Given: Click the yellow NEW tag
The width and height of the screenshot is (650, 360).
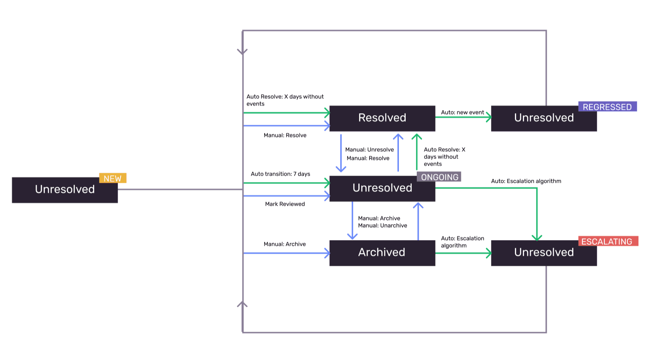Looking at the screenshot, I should (112, 178).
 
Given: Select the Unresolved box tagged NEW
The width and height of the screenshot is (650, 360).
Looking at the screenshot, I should (65, 190).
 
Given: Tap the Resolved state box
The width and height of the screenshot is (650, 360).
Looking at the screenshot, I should (382, 118).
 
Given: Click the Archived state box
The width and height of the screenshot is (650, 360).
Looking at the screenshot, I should (382, 253).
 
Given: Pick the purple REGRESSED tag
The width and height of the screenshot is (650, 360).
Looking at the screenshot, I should (607, 106).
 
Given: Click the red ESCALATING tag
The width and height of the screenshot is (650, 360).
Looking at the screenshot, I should (607, 241).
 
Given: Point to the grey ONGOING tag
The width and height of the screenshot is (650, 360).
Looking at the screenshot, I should (439, 177).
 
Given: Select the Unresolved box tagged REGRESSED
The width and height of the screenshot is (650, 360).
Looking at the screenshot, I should (544, 118).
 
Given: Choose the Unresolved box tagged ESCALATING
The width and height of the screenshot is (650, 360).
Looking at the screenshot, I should (544, 253).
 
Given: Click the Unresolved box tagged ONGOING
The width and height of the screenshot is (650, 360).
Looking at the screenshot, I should (382, 188).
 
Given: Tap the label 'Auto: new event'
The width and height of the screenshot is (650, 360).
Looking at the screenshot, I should (462, 112).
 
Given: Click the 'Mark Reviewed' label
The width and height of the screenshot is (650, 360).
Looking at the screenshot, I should (285, 204).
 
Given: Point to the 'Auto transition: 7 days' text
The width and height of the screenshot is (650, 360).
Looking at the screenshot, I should (280, 174).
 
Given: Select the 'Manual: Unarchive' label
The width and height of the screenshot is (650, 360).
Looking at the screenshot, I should (382, 225).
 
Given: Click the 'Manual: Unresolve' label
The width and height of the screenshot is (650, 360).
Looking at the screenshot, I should (369, 149).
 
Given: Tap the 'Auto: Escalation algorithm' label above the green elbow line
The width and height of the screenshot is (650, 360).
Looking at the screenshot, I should (526, 181).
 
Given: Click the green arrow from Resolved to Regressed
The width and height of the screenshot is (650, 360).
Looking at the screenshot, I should (463, 117).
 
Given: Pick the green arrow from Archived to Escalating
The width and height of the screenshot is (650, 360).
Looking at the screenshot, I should (463, 253).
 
